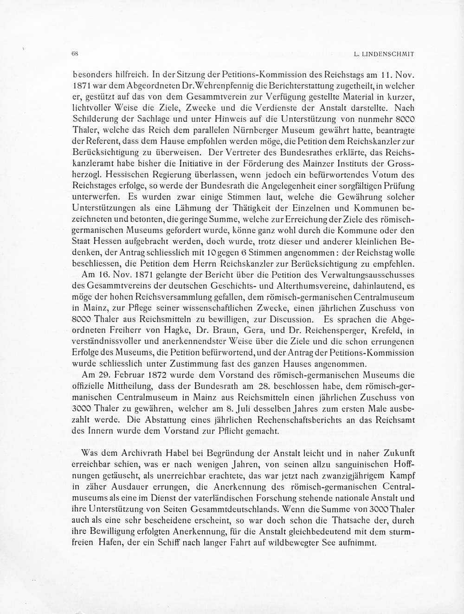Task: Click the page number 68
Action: click(75, 54)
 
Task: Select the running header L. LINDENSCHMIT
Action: click(384, 54)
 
